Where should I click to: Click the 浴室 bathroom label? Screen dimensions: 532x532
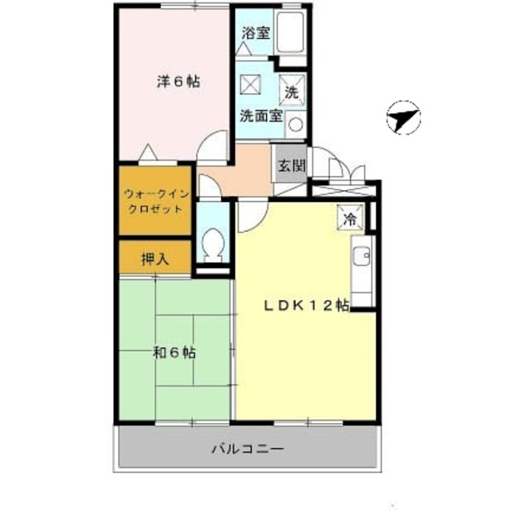pos(256,34)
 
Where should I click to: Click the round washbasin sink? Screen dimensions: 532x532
pos(297,126)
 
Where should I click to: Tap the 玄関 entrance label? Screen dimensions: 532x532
pos(291,165)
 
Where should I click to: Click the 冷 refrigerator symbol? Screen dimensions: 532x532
pos(351,219)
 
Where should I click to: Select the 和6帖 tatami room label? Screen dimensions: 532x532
pos(174,352)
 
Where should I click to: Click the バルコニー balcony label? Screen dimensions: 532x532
pos(247,450)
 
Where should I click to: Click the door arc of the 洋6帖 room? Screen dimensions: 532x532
pos(214,146)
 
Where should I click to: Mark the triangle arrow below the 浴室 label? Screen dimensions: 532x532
pos(244,50)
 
